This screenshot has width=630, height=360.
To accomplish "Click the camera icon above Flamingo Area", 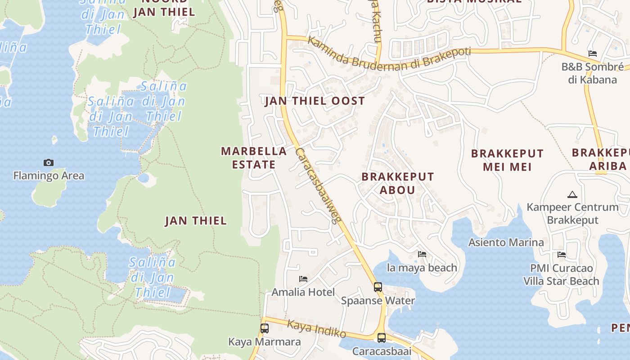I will (x=49, y=162).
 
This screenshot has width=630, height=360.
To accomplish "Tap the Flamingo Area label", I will (x=49, y=175).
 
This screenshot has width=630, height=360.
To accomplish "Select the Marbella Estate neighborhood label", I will (x=254, y=158).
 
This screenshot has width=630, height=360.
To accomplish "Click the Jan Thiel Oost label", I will (x=315, y=101).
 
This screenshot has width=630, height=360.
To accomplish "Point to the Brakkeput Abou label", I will (x=397, y=183).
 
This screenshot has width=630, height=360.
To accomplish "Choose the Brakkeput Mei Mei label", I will (x=507, y=160).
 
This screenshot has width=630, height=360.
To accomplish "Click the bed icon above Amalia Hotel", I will (x=303, y=279).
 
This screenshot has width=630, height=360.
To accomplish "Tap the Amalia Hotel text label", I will (x=303, y=292).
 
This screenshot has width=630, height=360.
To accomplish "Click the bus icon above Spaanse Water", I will (x=378, y=287).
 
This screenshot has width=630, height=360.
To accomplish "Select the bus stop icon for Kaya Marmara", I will (x=265, y=328).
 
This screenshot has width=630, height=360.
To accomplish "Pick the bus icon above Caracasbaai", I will (x=382, y=337).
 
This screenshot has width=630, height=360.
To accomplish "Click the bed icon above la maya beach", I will (x=422, y=254).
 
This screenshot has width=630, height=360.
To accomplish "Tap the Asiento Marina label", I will (x=506, y=243).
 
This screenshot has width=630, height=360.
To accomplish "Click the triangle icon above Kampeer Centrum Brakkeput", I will (x=572, y=194).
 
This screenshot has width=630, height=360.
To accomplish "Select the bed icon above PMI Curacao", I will (x=562, y=255).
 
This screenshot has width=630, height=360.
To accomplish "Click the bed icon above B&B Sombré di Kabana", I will (x=593, y=53).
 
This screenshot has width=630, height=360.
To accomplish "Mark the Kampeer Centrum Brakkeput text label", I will (x=572, y=214).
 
